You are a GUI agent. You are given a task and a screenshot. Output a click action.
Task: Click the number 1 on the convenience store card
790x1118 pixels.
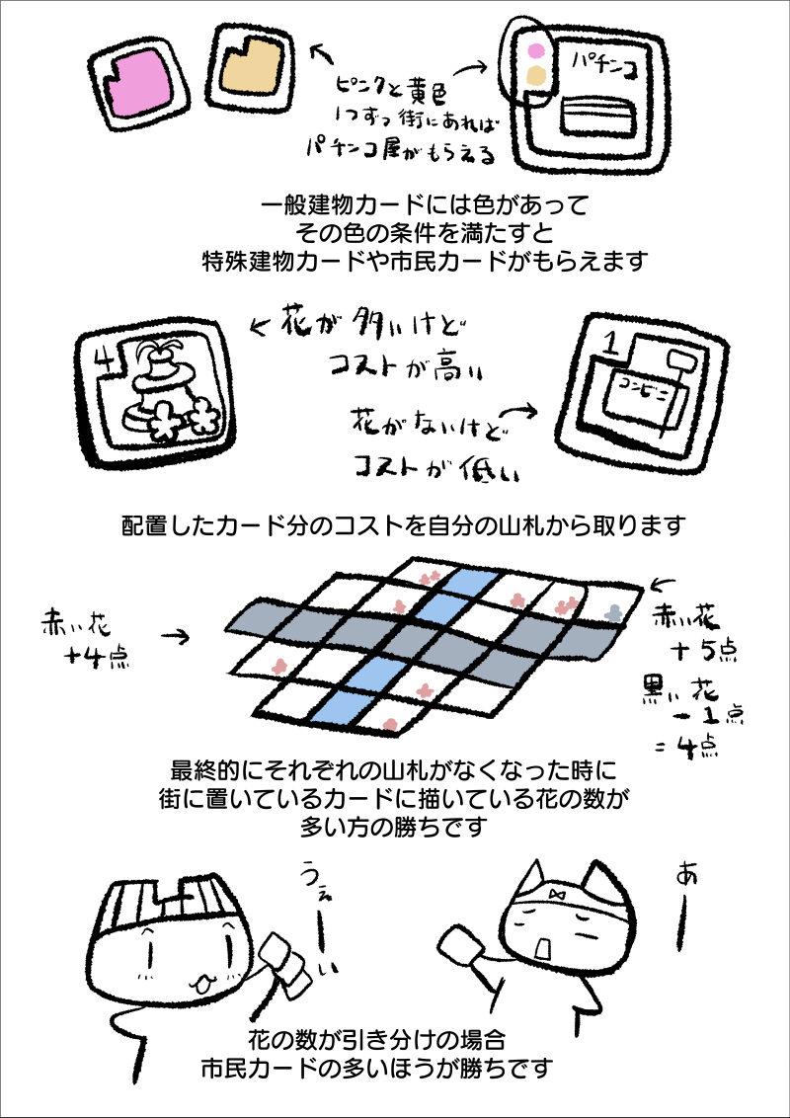tap(610, 345)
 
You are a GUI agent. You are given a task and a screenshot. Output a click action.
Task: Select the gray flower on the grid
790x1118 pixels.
tap(614, 611)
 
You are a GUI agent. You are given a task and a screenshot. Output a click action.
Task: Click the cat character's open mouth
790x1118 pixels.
tap(543, 948)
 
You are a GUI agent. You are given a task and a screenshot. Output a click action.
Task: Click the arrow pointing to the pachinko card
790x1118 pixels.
tap(470, 69)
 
